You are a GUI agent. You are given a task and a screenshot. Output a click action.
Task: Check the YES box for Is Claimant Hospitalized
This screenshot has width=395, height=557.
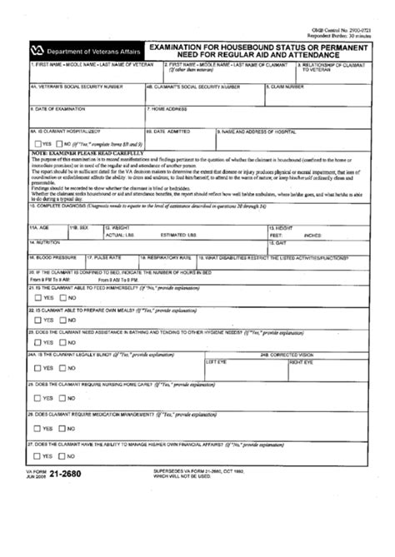tap(37, 145)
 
